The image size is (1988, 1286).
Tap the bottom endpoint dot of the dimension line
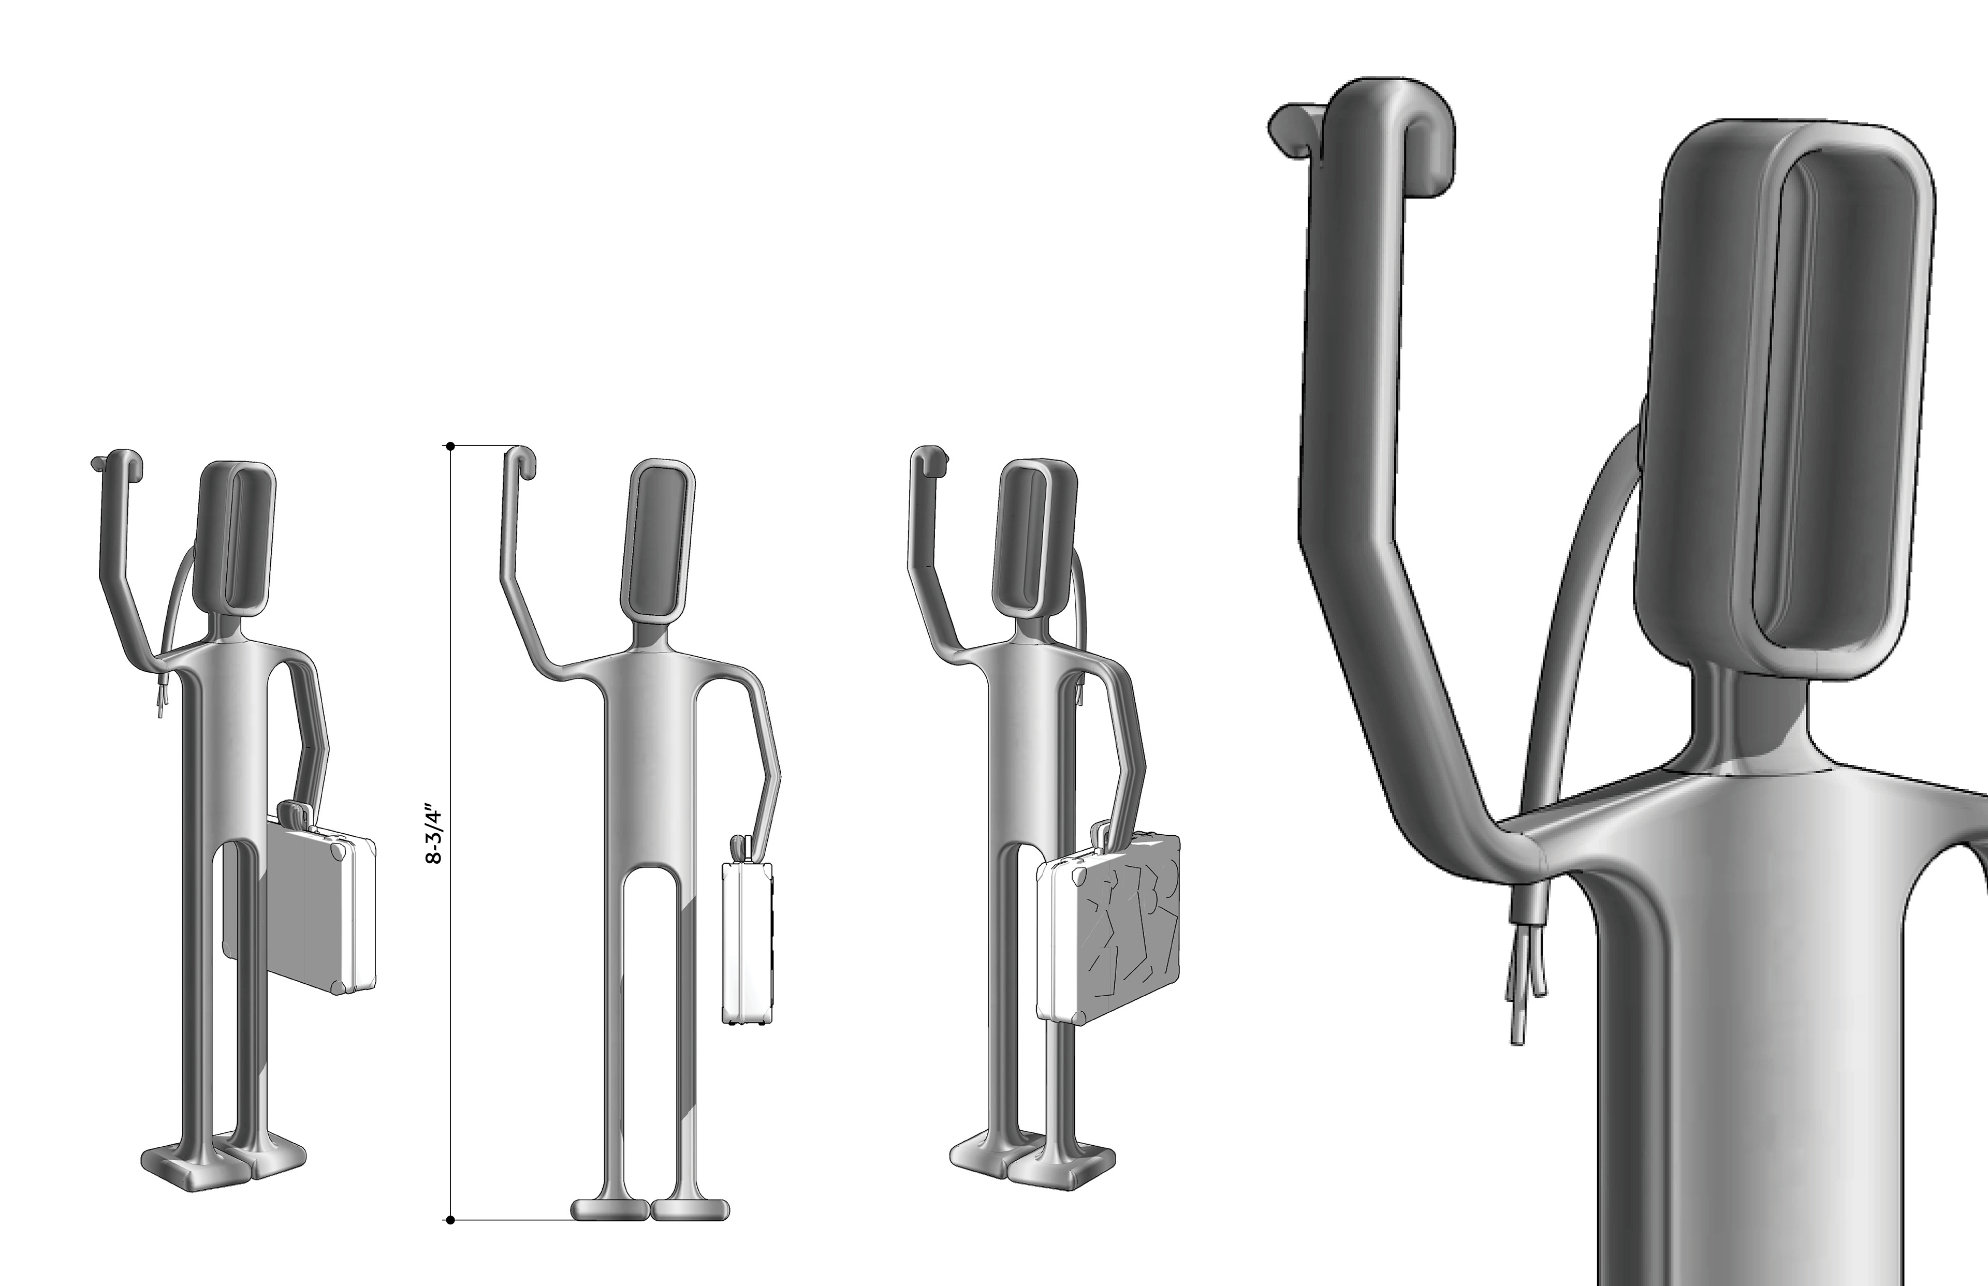click(x=450, y=1221)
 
